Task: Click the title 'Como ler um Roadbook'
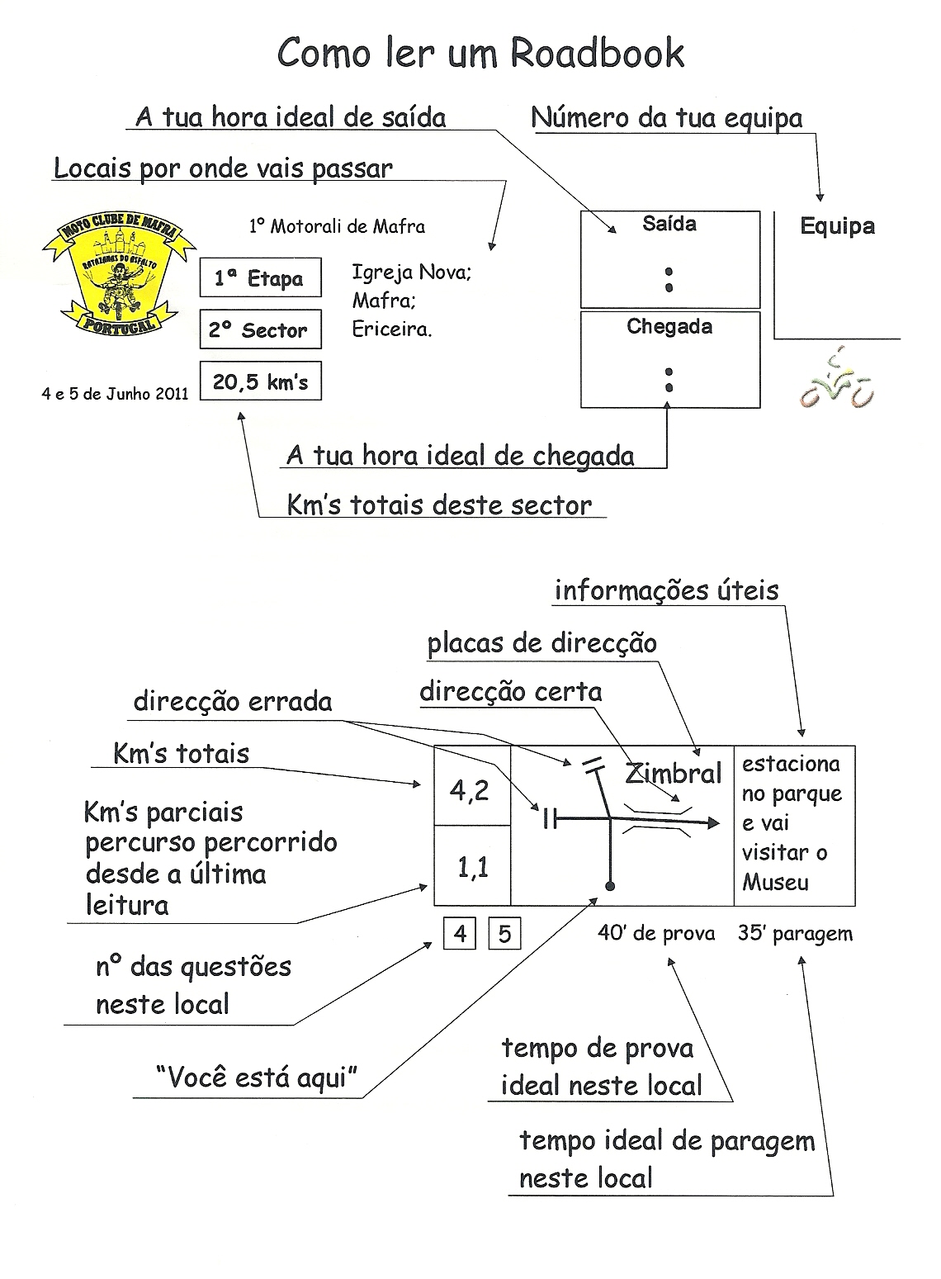coord(480,54)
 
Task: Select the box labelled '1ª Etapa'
coord(260,278)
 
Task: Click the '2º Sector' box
coord(260,330)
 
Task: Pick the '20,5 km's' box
coord(260,381)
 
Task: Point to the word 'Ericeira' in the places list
coord(391,329)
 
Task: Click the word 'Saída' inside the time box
coord(669,224)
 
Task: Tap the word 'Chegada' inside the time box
coord(669,327)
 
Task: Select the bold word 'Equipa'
coord(837,227)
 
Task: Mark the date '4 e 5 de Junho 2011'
coord(115,394)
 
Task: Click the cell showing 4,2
coord(470,791)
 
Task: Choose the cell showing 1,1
coord(472,867)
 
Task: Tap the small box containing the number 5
coord(504,934)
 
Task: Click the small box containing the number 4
coord(460,934)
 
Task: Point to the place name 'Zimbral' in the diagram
coord(674,774)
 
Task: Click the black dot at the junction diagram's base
coord(610,887)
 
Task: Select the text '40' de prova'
coord(656,933)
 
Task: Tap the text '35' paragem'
coord(795,933)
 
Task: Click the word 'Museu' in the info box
coord(775,883)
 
